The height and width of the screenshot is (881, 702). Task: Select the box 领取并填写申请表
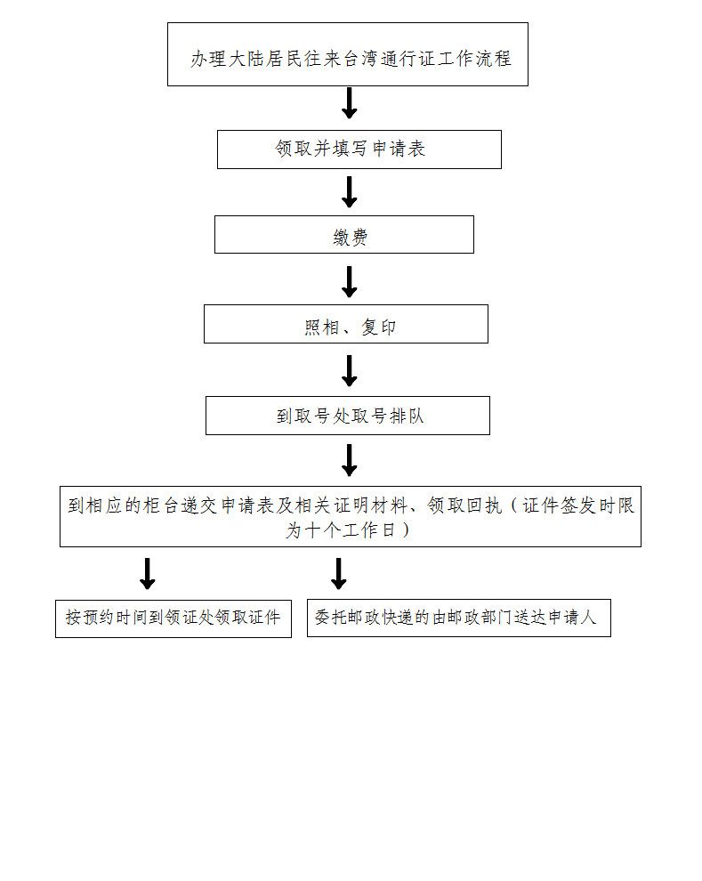pos(359,150)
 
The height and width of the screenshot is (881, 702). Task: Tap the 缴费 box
pos(343,235)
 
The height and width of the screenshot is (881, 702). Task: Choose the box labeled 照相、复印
pos(345,324)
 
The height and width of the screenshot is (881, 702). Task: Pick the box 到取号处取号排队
pos(347,416)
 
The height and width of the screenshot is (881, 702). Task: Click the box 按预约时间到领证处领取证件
pos(173,618)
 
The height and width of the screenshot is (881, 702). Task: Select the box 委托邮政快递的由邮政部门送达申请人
pos(458,618)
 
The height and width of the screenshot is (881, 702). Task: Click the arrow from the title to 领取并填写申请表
pos(350,103)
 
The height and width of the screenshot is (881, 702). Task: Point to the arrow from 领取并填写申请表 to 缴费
pos(350,191)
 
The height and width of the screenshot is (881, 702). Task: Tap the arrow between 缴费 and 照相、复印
pos(350,281)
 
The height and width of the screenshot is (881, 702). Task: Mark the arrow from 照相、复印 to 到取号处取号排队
pos(350,370)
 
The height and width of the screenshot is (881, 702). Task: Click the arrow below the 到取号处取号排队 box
pos(350,460)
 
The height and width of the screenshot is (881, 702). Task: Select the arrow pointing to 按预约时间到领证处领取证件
pos(148,573)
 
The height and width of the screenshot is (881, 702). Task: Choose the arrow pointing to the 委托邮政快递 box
pos(338,573)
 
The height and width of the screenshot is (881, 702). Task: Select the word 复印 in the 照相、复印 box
pos(379,327)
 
